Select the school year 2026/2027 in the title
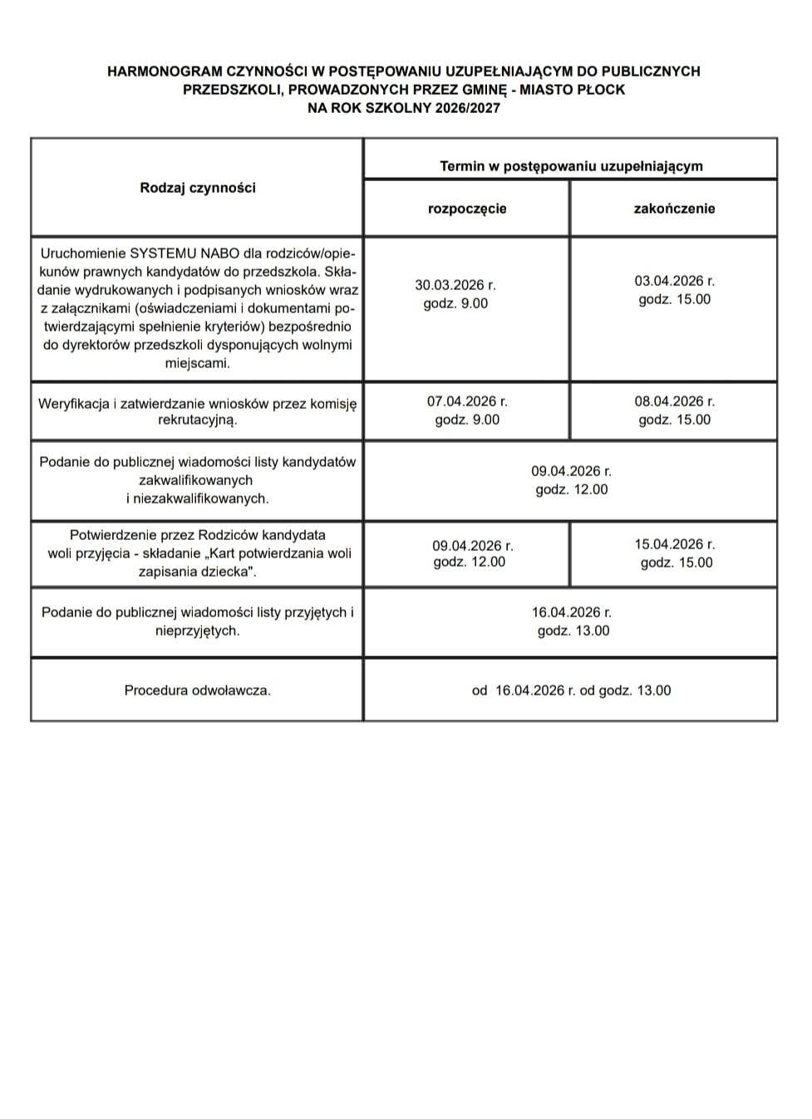pyautogui.click(x=466, y=108)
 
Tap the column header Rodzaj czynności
pyautogui.click(x=198, y=188)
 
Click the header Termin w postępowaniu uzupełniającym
pyautogui.click(x=571, y=166)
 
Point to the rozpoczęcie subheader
pyautogui.click(x=467, y=209)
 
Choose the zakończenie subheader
pyautogui.click(x=674, y=209)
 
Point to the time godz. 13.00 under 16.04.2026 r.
pyautogui.click(x=573, y=631)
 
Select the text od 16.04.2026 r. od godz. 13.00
pyautogui.click(x=571, y=690)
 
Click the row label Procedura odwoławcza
pyautogui.click(x=198, y=690)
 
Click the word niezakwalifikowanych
pyautogui.click(x=202, y=498)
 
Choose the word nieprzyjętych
pyautogui.click(x=196, y=631)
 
